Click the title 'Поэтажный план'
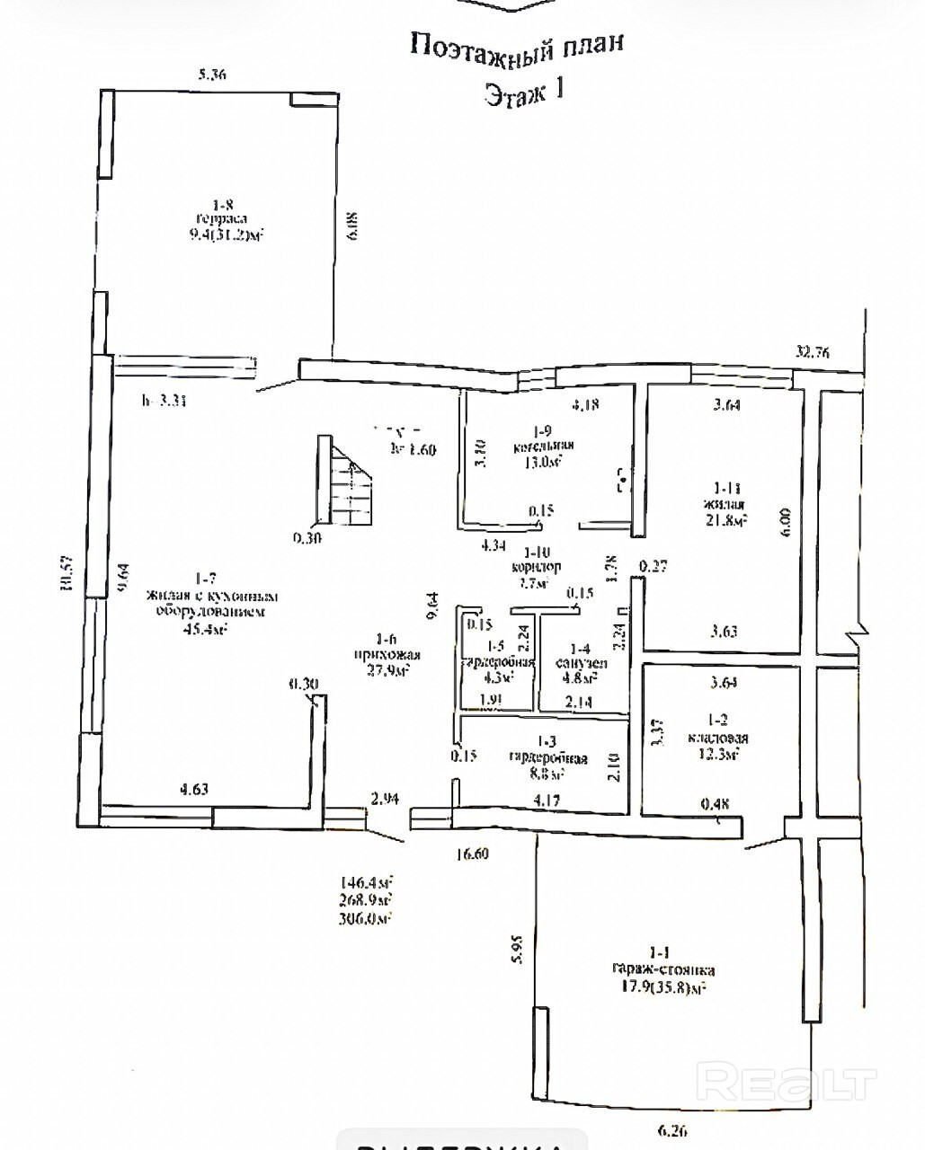pyautogui.click(x=516, y=45)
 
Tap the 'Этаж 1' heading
pyautogui.click(x=524, y=93)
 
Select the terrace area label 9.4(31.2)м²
pyautogui.click(x=224, y=234)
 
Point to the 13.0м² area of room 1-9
pyautogui.click(x=543, y=463)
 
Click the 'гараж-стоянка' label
pyautogui.click(x=663, y=970)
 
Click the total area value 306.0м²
pyautogui.click(x=364, y=918)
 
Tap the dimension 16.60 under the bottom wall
pyautogui.click(x=469, y=854)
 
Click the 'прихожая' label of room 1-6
pyautogui.click(x=387, y=655)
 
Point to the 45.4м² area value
pyautogui.click(x=204, y=629)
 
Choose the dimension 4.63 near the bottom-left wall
pyautogui.click(x=194, y=790)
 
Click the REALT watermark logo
pyautogui.click(x=787, y=1081)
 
